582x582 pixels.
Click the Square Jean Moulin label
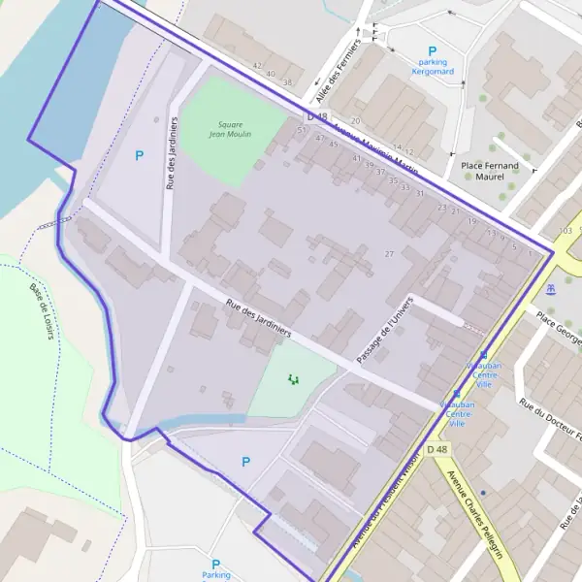230,129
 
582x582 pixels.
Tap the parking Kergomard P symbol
433,51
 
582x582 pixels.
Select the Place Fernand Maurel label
490,171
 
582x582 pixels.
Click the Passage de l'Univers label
384,330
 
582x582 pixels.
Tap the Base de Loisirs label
42,310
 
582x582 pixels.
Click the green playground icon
293,379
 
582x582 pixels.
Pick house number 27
390,254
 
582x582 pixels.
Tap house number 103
566,231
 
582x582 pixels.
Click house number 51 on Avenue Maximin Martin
302,129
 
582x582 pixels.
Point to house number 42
257,66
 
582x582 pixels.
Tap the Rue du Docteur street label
551,427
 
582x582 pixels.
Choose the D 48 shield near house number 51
323,115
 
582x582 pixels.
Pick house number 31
419,194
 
